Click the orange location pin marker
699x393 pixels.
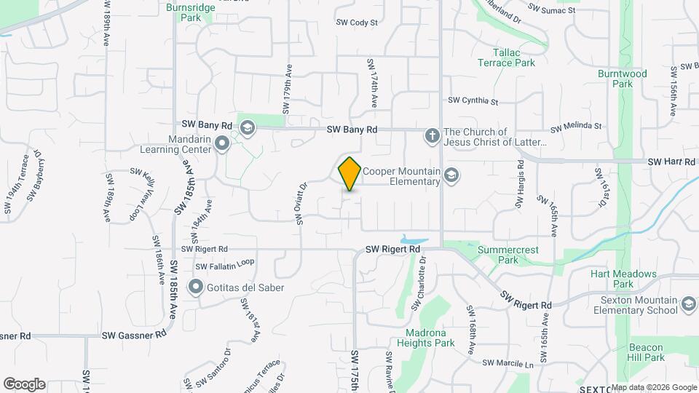click(349, 174)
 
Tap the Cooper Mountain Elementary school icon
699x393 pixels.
click(451, 175)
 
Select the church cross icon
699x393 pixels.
click(432, 135)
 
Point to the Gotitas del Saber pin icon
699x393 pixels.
click(195, 287)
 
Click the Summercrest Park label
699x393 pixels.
click(508, 255)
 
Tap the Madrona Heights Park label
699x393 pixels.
click(420, 338)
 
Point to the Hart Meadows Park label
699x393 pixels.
click(623, 279)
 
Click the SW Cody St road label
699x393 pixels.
click(357, 23)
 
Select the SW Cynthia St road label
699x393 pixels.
click(473, 100)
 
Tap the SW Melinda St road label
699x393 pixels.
click(577, 126)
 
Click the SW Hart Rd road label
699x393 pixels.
click(671, 161)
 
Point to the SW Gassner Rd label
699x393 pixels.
click(134, 336)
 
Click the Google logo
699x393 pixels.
click(24, 384)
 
